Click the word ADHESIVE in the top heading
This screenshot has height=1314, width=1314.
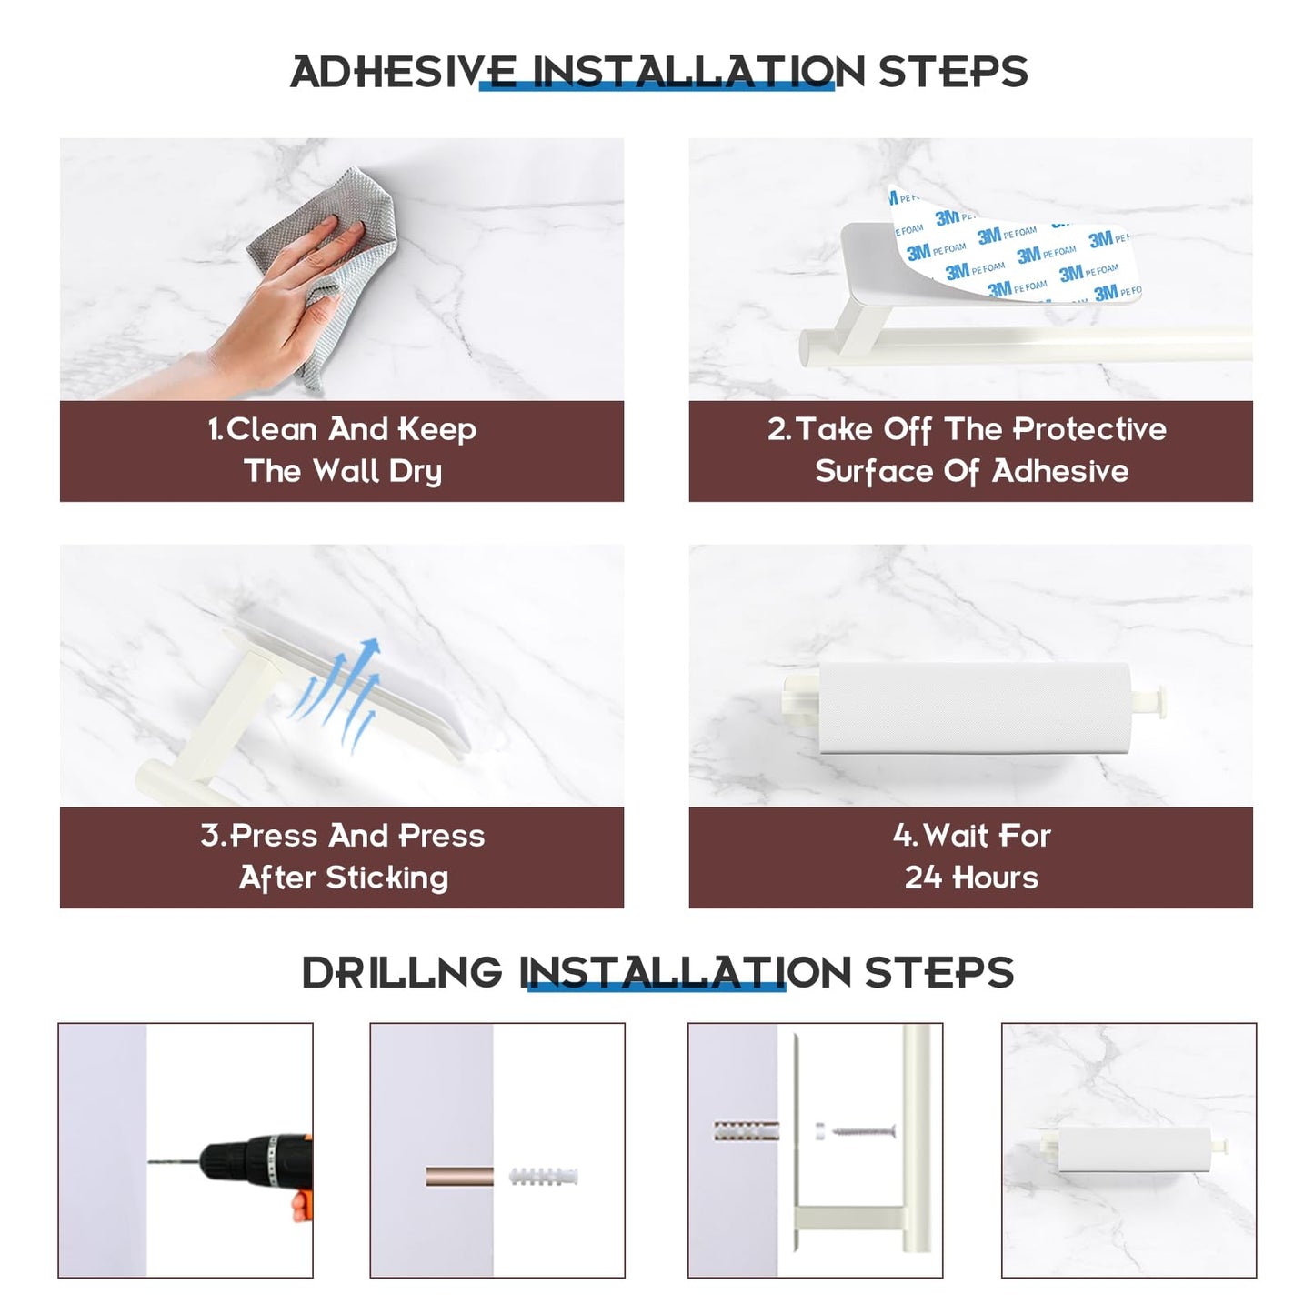403,72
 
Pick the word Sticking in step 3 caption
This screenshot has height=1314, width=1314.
386,878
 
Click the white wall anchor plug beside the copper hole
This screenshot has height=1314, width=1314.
544,1177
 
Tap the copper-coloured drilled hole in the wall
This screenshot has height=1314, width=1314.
459,1177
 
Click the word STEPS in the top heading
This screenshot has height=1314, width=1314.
953,72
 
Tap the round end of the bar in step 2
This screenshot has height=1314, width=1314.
809,347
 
